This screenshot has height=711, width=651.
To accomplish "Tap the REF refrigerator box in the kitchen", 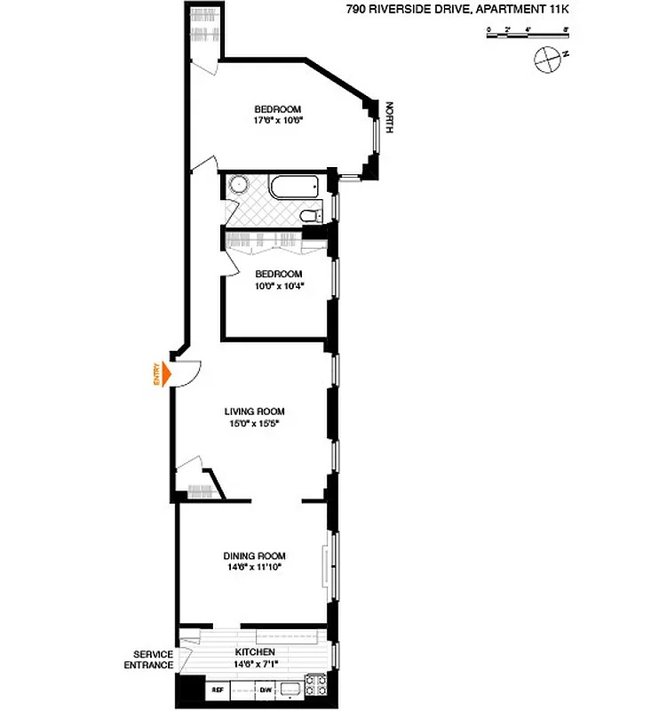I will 217,690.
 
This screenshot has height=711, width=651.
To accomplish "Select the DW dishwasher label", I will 266,690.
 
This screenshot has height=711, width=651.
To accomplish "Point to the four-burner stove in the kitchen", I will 315,685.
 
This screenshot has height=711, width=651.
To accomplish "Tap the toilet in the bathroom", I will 309,216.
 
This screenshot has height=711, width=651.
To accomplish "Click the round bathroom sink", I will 237,185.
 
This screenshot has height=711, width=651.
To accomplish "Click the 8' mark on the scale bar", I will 566,31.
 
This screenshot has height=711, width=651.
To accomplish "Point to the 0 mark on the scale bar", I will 488,31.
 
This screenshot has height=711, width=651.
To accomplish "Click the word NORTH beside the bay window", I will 388,118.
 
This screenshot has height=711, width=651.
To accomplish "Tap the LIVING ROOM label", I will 254,411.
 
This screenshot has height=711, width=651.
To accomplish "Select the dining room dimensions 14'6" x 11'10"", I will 254,569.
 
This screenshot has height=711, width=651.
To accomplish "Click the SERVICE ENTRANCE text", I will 148,659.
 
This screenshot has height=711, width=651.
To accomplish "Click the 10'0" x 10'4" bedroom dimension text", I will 279,286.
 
